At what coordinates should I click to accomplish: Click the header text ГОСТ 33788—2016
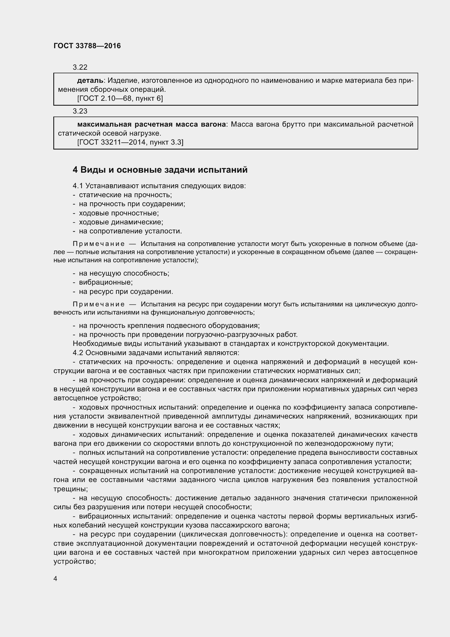[x=87, y=46]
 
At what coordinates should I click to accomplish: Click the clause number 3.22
[x=80, y=67]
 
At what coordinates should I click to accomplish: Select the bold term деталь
[x=90, y=81]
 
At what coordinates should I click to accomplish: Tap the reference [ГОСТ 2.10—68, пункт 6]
[x=120, y=98]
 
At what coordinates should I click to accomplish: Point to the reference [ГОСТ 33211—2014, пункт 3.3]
[x=130, y=142]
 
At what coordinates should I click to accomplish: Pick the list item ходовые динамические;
[x=121, y=222]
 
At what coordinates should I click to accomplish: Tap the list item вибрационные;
[x=106, y=282]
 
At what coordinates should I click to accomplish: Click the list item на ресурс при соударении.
[x=126, y=292]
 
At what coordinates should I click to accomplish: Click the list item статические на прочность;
[x=125, y=195]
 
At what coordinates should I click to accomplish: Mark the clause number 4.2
[x=78, y=353]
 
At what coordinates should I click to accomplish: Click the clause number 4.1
[x=78, y=186]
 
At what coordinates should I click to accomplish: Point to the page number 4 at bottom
[x=56, y=578]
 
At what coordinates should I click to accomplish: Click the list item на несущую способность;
[x=124, y=273]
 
